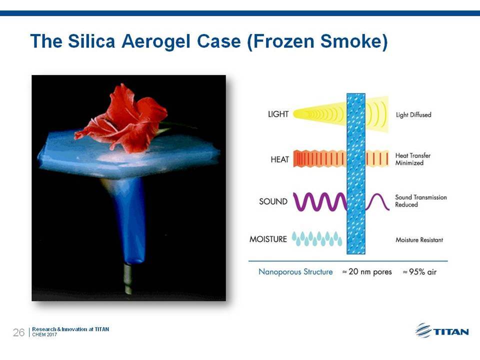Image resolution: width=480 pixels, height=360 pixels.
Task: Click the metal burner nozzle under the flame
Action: [128, 279]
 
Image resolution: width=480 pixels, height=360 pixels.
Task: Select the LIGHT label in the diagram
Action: [278, 114]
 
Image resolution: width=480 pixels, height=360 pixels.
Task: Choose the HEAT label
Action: [280, 159]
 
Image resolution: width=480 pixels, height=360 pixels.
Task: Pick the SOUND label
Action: [273, 201]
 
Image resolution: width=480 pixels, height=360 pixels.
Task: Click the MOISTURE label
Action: [268, 239]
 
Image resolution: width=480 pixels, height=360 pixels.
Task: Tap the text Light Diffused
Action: [413, 115]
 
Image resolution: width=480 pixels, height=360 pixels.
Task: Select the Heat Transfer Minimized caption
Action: [412, 159]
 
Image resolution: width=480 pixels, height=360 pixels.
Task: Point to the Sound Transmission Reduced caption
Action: [421, 201]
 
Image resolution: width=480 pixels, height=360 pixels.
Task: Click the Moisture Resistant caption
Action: [419, 239]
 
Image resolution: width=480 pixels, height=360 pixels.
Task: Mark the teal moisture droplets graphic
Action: [317, 239]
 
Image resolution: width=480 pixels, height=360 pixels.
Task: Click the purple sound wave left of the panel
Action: [320, 201]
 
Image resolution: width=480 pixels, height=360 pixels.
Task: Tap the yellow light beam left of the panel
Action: [320, 114]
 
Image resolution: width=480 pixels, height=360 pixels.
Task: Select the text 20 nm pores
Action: [367, 272]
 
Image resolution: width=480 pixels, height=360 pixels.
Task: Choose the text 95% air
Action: [419, 272]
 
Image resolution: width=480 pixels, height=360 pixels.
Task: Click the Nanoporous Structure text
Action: [295, 272]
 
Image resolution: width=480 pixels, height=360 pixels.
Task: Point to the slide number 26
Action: [18, 332]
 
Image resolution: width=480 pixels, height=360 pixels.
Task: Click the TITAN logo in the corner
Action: [442, 331]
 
